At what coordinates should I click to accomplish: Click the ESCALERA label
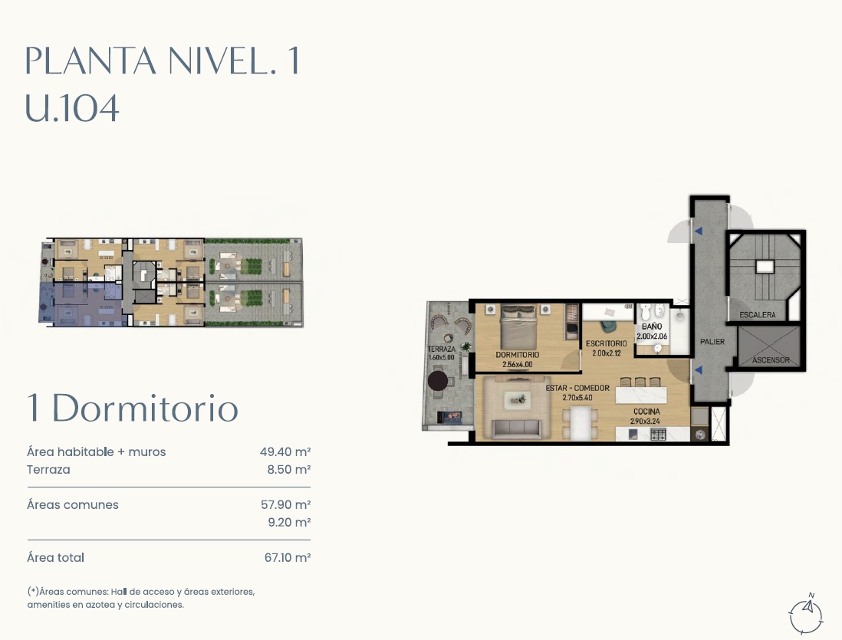(x=757, y=314)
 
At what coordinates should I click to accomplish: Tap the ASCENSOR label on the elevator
(x=771, y=359)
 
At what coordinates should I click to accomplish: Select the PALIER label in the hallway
(x=712, y=342)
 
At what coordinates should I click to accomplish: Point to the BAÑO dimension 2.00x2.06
(x=651, y=336)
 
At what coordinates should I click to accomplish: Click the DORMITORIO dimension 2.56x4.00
(x=517, y=365)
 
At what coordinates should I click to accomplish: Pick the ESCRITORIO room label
(x=607, y=343)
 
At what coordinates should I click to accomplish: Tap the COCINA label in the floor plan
(x=646, y=412)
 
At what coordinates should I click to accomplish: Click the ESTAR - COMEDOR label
(x=577, y=388)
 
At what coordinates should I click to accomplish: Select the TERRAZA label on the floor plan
(x=442, y=349)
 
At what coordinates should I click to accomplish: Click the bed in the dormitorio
(x=518, y=327)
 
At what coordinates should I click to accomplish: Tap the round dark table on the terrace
(x=438, y=381)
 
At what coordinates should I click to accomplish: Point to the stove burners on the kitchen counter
(x=659, y=434)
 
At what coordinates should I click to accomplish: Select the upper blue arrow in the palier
(x=698, y=231)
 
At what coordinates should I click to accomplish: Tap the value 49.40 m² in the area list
(x=285, y=452)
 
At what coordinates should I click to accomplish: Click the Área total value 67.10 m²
(x=288, y=558)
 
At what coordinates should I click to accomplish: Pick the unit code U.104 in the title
(x=72, y=109)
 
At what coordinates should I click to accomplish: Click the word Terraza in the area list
(x=48, y=470)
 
